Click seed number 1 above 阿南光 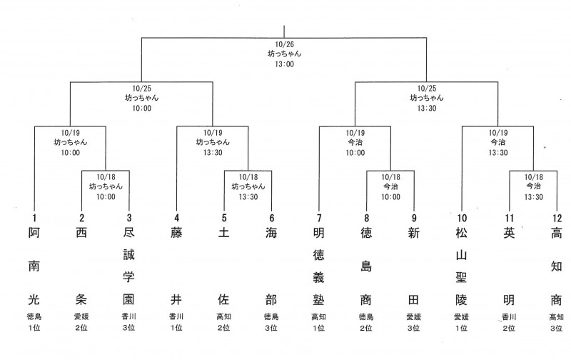click(34, 217)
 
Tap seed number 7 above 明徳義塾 click(319, 217)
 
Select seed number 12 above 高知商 click(555, 217)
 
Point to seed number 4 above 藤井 click(177, 217)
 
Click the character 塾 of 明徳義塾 click(319, 298)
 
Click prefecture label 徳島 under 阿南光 click(34, 315)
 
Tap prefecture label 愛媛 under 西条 click(81, 315)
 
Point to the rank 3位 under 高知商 click(555, 328)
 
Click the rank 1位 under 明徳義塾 click(319, 328)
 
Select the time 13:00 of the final click(285, 64)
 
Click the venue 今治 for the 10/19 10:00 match click(355, 142)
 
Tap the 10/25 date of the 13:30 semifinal click(427, 87)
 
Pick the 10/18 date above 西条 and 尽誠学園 click(106, 176)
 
